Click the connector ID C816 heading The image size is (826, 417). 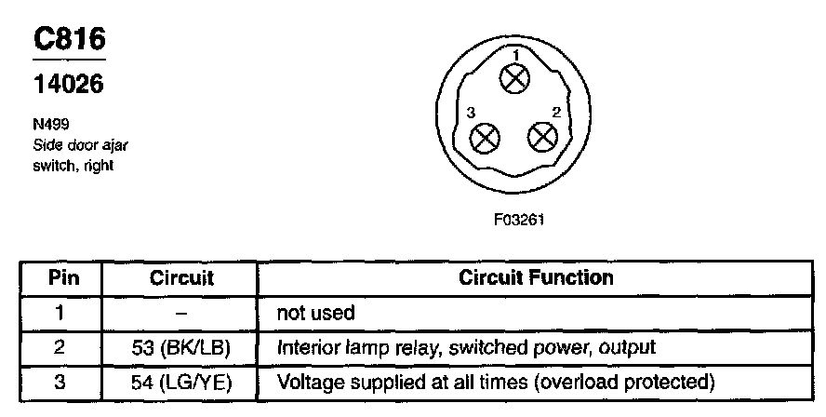click(70, 39)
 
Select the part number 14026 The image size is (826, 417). click(68, 84)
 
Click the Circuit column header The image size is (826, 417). click(181, 277)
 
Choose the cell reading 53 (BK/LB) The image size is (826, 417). click(181, 347)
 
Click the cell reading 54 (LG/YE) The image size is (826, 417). click(181, 382)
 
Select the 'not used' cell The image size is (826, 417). click(315, 314)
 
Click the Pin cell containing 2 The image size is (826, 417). click(59, 347)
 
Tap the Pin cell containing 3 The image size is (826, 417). click(59, 382)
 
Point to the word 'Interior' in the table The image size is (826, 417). click(306, 347)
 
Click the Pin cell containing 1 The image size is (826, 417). click(59, 313)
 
